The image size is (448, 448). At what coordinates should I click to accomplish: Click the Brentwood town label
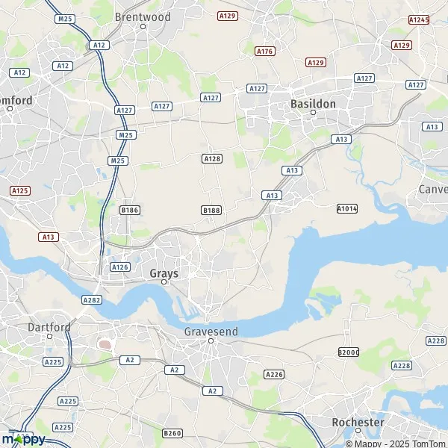[143, 16]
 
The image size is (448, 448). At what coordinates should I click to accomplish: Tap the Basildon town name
[313, 104]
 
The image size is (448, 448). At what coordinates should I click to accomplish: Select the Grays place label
[164, 273]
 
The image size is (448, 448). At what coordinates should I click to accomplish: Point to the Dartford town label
[49, 327]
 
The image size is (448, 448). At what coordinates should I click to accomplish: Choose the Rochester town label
[358, 422]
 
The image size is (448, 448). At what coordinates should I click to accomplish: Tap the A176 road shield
[264, 52]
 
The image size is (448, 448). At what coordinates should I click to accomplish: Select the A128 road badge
[212, 158]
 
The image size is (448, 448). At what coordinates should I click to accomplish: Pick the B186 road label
[129, 211]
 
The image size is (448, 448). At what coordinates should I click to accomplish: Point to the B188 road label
[211, 211]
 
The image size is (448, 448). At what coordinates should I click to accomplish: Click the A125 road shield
[20, 191]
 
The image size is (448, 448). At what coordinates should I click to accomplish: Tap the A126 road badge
[119, 267]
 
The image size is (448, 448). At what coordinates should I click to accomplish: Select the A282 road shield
[92, 299]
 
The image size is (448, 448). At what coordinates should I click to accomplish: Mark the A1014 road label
[347, 208]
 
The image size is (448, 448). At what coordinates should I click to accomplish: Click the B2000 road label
[348, 351]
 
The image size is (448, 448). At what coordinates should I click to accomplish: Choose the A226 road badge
[274, 374]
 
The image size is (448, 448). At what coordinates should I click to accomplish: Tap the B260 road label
[172, 433]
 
